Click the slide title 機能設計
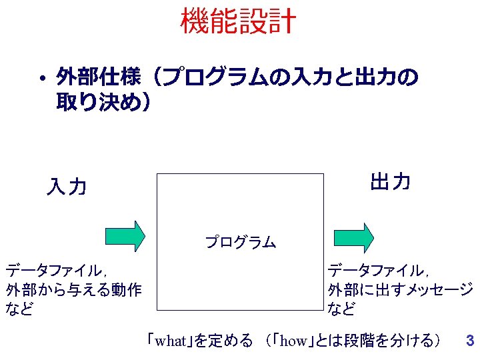[x=237, y=21]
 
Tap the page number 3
[x=469, y=341]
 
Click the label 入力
[x=67, y=187]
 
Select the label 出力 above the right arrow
[x=390, y=181]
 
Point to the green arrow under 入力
[x=125, y=235]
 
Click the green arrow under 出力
[x=354, y=235]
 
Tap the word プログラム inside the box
[x=240, y=242]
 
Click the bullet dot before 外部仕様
[x=41, y=80]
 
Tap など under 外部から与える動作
[x=19, y=309]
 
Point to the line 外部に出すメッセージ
[x=400, y=290]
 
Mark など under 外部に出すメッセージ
[x=341, y=309]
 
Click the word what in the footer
[x=170, y=341]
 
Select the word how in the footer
[x=293, y=341]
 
